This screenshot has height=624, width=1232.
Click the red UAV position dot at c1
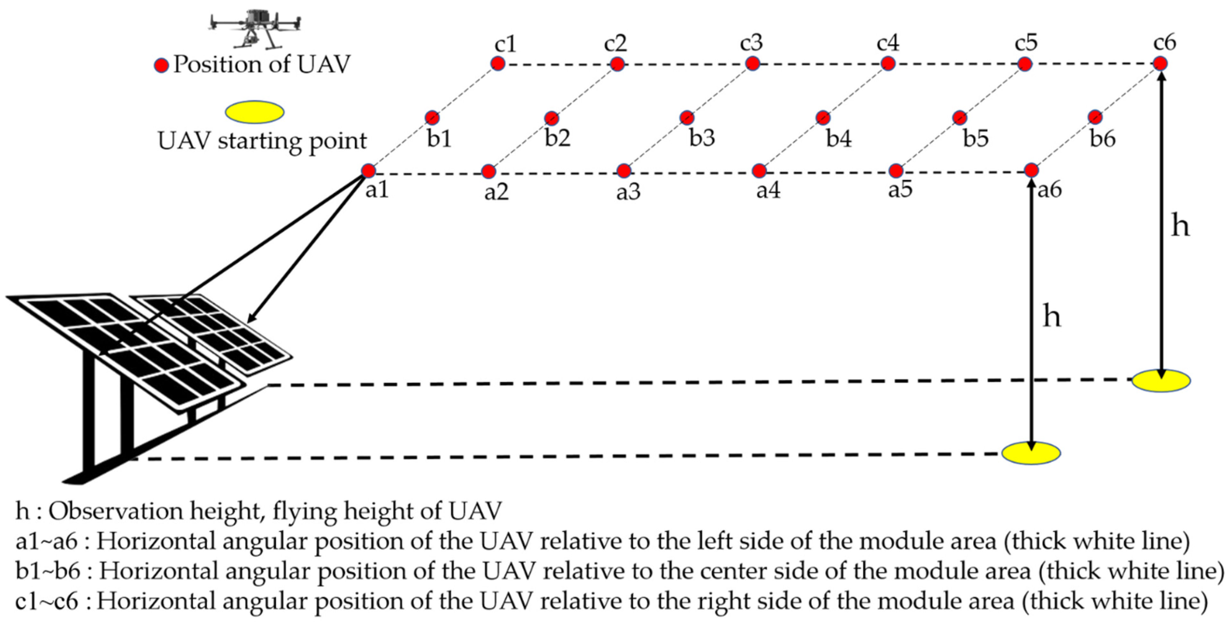point(498,63)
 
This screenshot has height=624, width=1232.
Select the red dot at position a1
point(368,170)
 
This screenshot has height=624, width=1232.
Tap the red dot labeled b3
point(687,117)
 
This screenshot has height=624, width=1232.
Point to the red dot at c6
point(1160,63)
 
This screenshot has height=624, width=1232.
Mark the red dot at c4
point(888,63)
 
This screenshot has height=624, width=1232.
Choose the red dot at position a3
point(624,170)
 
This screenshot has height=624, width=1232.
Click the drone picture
point(255,29)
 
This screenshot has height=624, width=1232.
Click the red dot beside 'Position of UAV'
point(161,65)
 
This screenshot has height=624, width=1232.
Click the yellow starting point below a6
point(1031,453)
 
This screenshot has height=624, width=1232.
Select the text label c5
point(1026,43)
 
